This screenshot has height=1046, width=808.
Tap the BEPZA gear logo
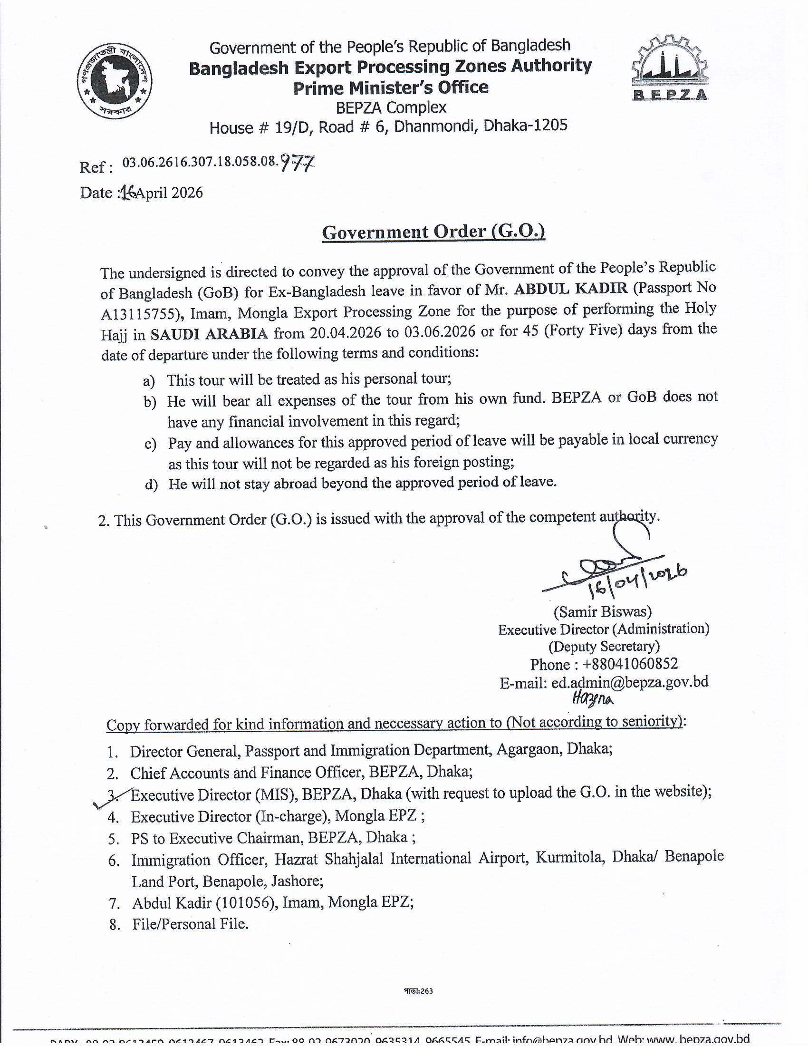coord(670,68)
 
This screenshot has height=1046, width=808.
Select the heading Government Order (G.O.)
coord(433,232)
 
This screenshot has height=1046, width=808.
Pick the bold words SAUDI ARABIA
coord(209,333)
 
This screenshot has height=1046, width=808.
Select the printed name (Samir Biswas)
coord(603,611)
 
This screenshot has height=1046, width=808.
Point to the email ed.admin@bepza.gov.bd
coord(629,682)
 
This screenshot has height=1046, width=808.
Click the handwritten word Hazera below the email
coord(593,700)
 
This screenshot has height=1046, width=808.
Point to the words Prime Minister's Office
coord(391,87)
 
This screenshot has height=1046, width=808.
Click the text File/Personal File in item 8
coord(190,924)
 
